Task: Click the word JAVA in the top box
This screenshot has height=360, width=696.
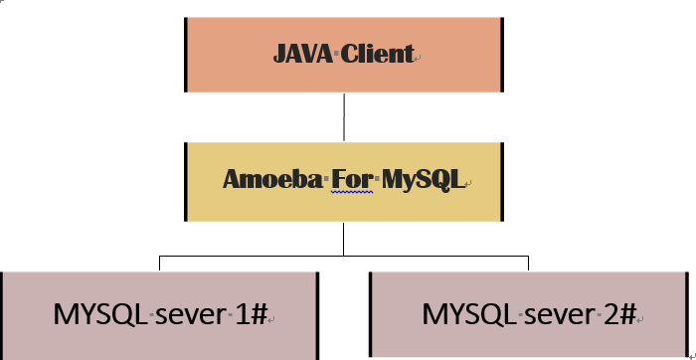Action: click(303, 54)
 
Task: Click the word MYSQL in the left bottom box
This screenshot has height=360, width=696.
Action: click(98, 314)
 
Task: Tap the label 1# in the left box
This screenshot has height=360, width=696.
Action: click(252, 314)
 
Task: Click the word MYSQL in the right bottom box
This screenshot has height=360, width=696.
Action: click(466, 314)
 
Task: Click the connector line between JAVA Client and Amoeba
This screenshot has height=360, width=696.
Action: click(344, 116)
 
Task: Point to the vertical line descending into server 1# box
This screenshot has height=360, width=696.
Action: click(160, 263)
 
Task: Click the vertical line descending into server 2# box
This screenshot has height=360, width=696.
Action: click(528, 263)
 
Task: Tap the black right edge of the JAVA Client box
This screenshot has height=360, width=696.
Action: click(501, 54)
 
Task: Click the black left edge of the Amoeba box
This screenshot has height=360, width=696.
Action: click(186, 181)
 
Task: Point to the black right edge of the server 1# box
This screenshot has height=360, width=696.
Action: click(317, 314)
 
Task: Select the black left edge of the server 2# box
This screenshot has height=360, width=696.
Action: click(370, 313)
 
